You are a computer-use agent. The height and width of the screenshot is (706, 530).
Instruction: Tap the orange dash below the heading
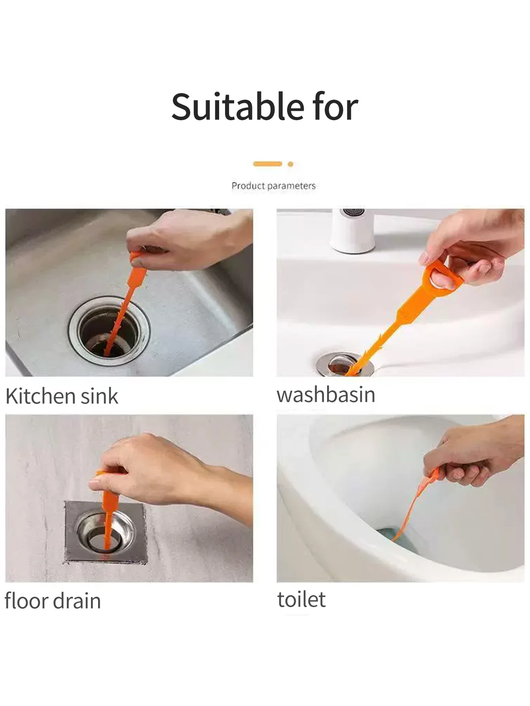268,164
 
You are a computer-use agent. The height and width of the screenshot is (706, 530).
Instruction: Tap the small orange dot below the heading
290,164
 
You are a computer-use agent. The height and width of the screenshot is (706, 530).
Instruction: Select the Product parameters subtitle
273,185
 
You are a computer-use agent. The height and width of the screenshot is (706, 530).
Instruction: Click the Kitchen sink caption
62,396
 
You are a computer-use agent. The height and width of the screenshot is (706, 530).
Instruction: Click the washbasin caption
326,395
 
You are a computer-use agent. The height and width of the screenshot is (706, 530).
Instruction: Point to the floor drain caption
53,601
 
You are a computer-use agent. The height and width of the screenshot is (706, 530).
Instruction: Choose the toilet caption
301,600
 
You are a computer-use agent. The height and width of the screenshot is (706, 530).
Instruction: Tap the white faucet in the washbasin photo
353,231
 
